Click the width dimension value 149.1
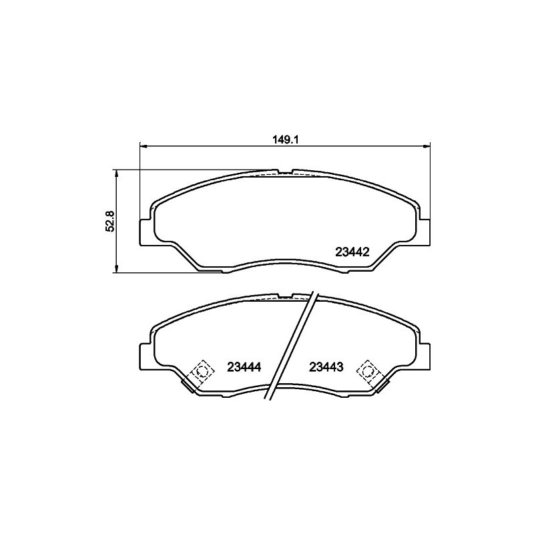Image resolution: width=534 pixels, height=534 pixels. pyautogui.click(x=285, y=140)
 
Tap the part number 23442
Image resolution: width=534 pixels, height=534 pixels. pyautogui.click(x=352, y=252)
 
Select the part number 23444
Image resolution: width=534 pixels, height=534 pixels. pyautogui.click(x=244, y=366)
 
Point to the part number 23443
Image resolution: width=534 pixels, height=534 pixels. pyautogui.click(x=326, y=366)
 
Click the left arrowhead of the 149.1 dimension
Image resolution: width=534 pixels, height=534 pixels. pyautogui.click(x=143, y=146)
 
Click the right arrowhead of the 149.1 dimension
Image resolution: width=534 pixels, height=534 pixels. pyautogui.click(x=427, y=146)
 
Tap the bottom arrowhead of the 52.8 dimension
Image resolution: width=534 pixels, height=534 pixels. pyautogui.click(x=117, y=269)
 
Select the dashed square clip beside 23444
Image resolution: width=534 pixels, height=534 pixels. pyautogui.click(x=203, y=371)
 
